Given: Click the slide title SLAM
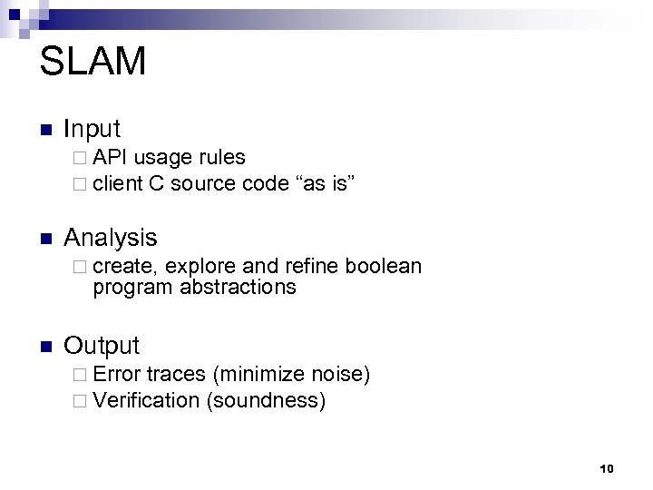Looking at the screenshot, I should pos(93,63).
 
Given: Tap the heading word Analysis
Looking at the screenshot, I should pos(110,238).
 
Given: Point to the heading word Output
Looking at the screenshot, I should pos(102,346).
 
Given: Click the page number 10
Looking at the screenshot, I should pos(607,468).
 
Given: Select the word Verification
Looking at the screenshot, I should pos(145,400).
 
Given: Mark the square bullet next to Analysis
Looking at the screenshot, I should pos(46,239).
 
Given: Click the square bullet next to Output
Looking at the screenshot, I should pos(46,347).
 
